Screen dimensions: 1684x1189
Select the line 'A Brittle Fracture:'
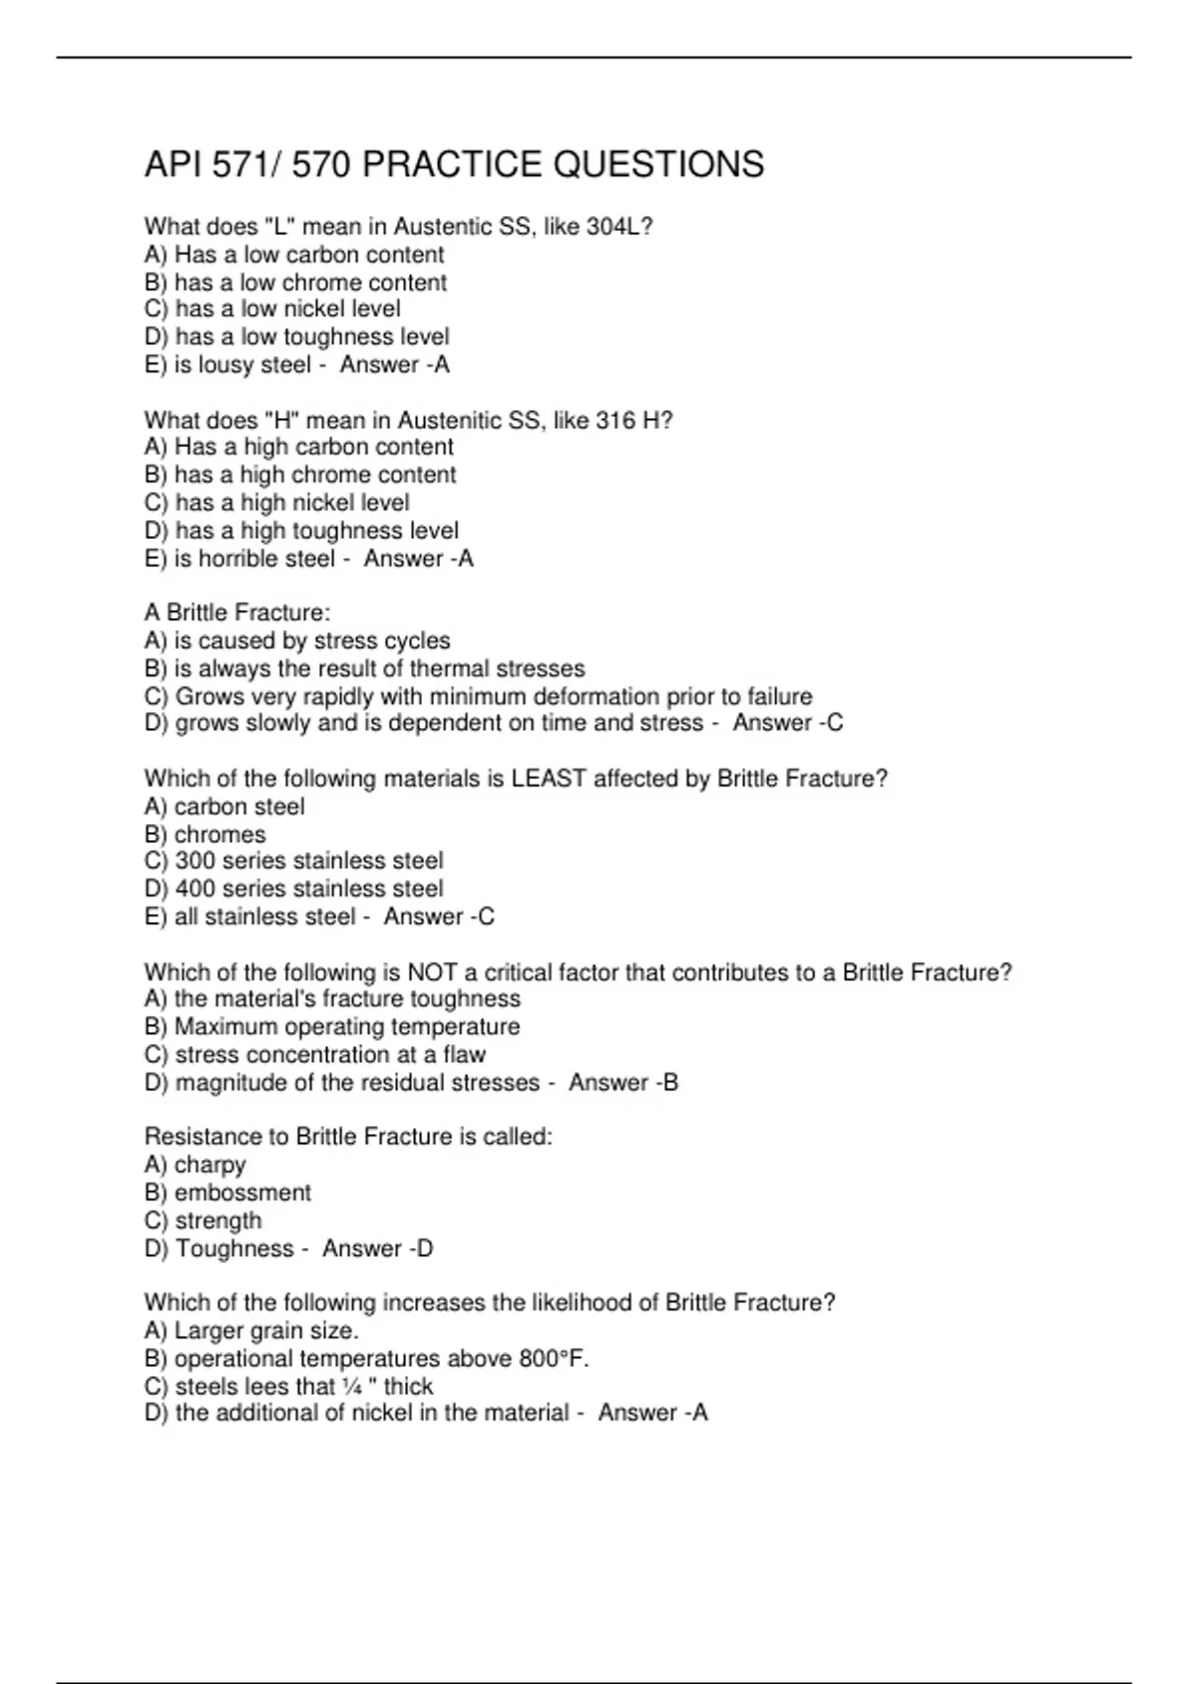[x=238, y=612]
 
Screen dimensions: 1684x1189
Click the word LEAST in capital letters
[x=549, y=779]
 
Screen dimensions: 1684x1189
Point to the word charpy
[x=210, y=1165]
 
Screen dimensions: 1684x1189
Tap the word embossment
[x=243, y=1193]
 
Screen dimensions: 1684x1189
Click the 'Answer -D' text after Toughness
[x=378, y=1248]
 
